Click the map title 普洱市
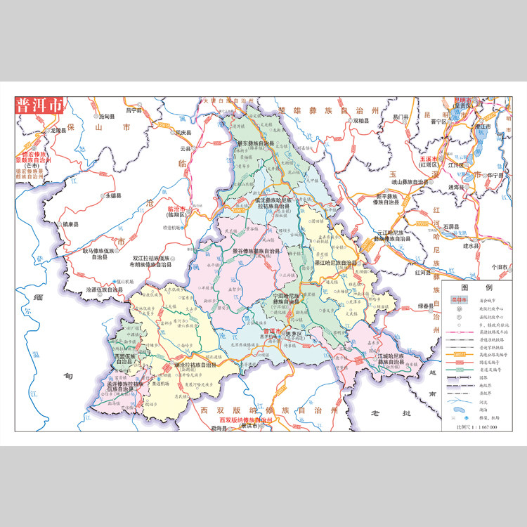coord(39,106)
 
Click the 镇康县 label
coord(71,224)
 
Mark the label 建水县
coord(471,246)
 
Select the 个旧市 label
coord(500,267)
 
